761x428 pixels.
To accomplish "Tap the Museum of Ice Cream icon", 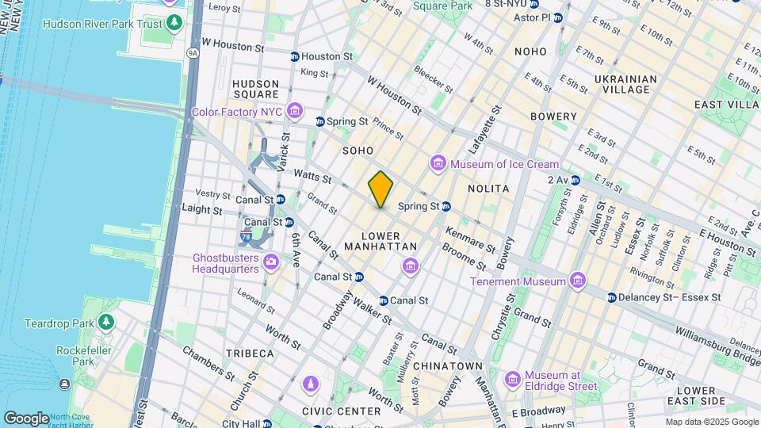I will coord(438,164).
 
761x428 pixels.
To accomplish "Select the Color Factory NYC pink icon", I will coord(295,110).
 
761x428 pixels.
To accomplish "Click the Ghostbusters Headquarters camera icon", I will coord(271,261).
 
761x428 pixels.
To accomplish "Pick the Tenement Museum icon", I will coord(578,281).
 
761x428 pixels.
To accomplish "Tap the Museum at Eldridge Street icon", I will coord(512,379).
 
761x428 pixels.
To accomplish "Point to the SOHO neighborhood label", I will coord(358,150).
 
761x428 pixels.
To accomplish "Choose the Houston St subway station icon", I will coord(295,56).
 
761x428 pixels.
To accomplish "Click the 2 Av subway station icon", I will coord(576,181).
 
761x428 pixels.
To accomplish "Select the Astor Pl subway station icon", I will coord(558,17).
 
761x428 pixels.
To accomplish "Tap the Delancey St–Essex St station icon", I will coord(612,297).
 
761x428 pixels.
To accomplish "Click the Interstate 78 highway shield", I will coord(246,237).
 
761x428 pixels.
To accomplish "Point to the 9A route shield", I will coord(193,53).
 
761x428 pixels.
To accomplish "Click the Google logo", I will coord(26,418).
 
